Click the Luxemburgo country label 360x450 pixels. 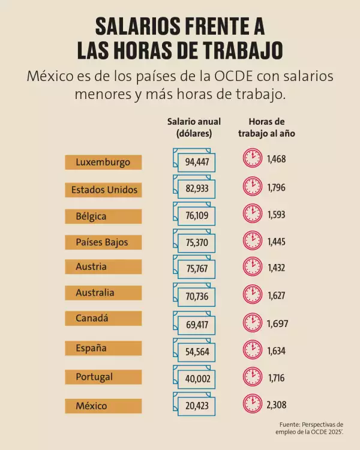coord(103,162)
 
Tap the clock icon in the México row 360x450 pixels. coord(252,404)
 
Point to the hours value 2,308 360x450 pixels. coord(277,405)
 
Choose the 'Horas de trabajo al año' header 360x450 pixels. coord(265,128)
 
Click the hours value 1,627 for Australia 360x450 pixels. coord(277,296)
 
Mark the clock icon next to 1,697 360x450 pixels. coord(252,323)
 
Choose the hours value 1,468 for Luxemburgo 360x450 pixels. coord(277,159)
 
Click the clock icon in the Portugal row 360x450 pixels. coord(252,377)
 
